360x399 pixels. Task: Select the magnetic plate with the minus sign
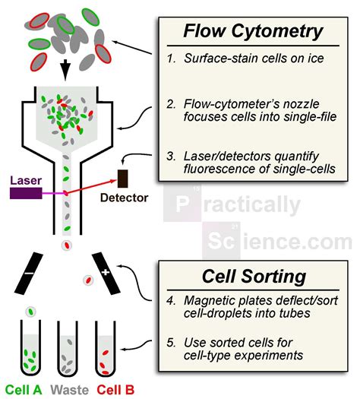27,271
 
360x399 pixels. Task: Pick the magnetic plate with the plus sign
106,271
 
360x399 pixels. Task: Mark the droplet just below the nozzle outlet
67,245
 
